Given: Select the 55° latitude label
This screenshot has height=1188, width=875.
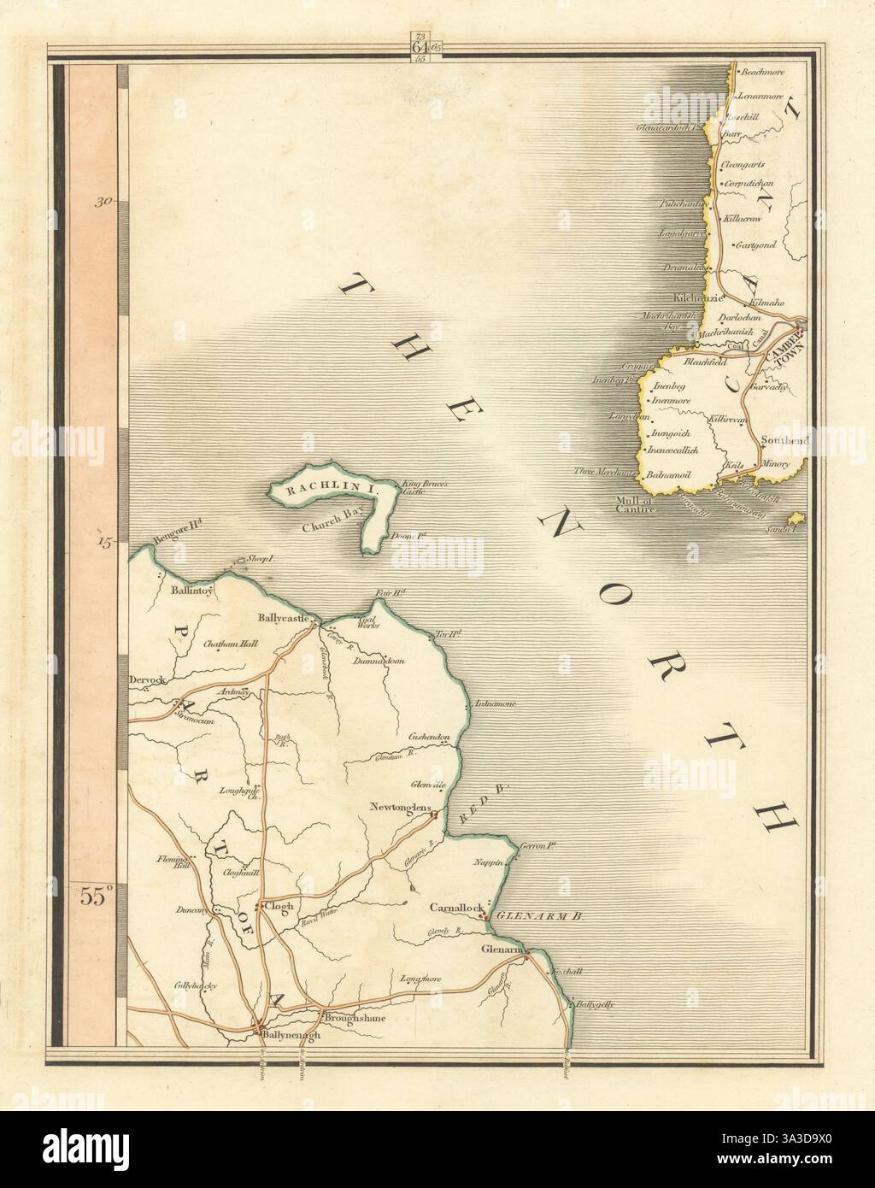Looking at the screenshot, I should pyautogui.click(x=97, y=896).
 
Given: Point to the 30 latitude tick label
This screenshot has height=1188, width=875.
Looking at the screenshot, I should pyautogui.click(x=104, y=202).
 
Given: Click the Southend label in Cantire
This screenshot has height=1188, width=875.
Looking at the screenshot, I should pyautogui.click(x=784, y=440).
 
